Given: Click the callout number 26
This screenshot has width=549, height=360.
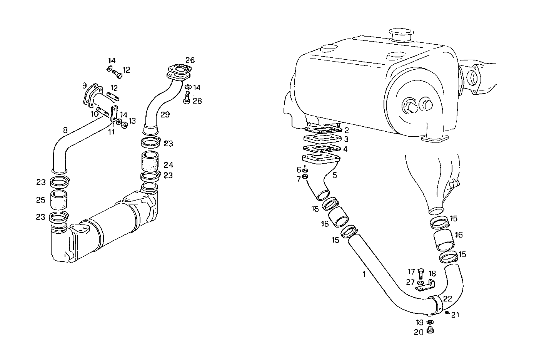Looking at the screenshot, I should click(190, 60).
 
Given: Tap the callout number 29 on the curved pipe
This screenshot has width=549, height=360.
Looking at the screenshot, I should click(165, 114).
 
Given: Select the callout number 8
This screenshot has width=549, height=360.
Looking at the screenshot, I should click(66, 130).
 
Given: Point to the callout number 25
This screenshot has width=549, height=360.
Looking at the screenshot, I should click(40, 201).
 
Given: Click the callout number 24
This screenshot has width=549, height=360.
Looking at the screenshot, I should click(168, 165).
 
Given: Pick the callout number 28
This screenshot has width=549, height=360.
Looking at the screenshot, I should click(197, 101).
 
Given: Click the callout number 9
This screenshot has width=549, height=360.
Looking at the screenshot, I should click(84, 85).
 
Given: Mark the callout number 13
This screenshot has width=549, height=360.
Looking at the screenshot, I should click(132, 121).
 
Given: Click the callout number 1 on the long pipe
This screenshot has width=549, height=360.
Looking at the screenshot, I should click(364, 274).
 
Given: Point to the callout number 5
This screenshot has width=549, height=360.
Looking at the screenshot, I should click(334, 175).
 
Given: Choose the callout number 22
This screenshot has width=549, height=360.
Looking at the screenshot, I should click(448, 298).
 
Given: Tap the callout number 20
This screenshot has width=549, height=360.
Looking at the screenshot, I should click(419, 332).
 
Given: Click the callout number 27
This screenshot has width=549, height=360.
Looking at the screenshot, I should click(410, 282).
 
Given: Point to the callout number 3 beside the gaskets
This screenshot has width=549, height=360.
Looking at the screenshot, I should click(346, 139).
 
